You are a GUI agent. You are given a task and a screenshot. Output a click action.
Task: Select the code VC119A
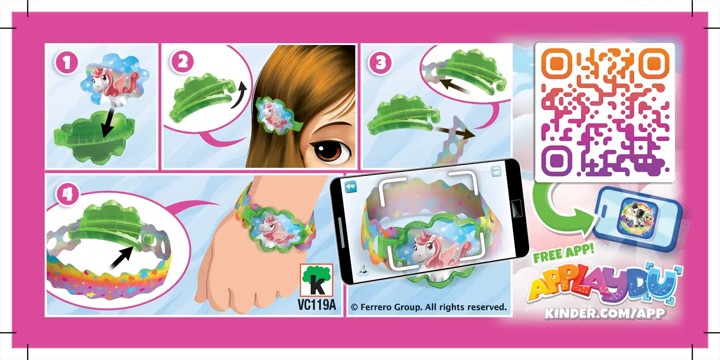click(316, 305)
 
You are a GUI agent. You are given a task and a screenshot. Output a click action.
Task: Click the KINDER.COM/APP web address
click(605, 313)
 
